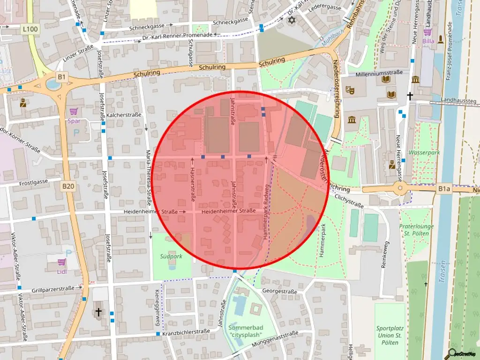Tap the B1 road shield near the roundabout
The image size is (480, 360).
click(x=62, y=76)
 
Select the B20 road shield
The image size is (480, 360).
click(x=68, y=186)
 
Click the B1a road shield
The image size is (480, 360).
click(x=444, y=189)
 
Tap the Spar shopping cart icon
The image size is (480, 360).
click(x=74, y=112)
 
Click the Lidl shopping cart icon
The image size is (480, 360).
click(x=61, y=262)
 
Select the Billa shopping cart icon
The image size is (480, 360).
click(x=427, y=32)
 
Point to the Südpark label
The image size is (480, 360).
click(x=171, y=256)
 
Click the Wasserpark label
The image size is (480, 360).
click(x=424, y=153)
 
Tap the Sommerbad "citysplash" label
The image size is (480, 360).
click(x=246, y=331)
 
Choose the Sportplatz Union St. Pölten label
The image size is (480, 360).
click(x=390, y=335)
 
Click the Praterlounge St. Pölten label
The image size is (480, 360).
click(x=416, y=230)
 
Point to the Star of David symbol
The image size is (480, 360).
click(x=292, y=21)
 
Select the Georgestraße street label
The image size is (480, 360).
click(x=279, y=292)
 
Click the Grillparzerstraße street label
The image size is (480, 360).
click(x=53, y=289)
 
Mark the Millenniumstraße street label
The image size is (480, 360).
click(x=379, y=74)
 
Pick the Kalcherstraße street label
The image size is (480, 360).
click(x=124, y=115)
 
